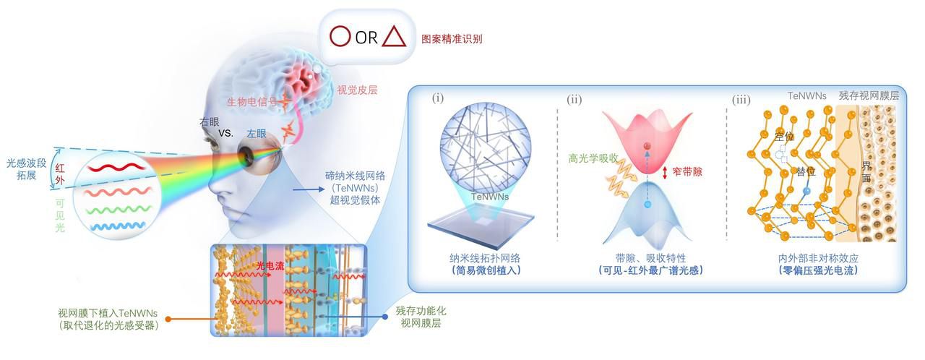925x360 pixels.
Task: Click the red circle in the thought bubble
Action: (x=340, y=36)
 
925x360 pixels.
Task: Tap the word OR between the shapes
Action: (x=366, y=38)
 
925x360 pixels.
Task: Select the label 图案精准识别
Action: (x=452, y=39)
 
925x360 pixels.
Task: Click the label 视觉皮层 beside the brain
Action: (x=357, y=90)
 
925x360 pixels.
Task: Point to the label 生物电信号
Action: (x=251, y=101)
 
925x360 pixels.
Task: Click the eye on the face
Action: (x=248, y=155)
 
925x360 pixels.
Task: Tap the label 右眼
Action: (x=210, y=121)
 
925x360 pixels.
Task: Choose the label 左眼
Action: (x=257, y=133)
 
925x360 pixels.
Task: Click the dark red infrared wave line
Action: (x=116, y=168)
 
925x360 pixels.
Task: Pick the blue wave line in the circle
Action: (x=118, y=226)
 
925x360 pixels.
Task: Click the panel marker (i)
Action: (x=438, y=98)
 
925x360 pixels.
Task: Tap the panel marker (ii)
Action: (x=575, y=100)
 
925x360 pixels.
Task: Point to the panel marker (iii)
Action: (x=741, y=100)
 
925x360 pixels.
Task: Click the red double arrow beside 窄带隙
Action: (x=665, y=172)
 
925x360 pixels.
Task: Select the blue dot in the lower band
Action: (x=647, y=205)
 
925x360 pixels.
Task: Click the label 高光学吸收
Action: (x=593, y=158)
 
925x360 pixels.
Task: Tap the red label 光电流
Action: (x=270, y=266)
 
